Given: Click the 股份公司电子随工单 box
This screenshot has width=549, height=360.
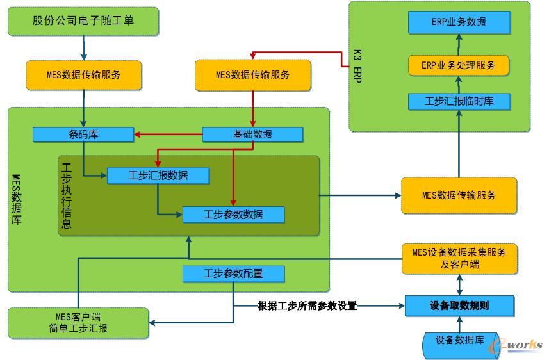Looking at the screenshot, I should pos(83,20).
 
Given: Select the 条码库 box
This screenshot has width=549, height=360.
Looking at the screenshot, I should pos(83,135).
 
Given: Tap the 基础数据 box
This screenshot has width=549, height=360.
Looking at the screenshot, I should pos(252,135).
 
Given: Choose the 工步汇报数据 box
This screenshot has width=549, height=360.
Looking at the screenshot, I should pos(157,176).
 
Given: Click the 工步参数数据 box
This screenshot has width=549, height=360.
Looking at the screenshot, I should pos(233,215).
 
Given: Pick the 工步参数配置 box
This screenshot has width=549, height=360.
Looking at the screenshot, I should pos(233,274).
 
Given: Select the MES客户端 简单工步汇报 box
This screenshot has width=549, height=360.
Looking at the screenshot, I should pos(78,323).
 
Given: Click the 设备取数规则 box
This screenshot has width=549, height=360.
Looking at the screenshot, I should pos(459,306).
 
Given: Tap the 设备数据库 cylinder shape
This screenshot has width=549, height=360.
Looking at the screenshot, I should pos(459,341).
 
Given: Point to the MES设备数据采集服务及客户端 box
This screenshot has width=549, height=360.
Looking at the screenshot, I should pos(459,258).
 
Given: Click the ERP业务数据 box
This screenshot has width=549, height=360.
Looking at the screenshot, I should pos(459,22).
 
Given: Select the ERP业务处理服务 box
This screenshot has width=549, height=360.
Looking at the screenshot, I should pos(459,65).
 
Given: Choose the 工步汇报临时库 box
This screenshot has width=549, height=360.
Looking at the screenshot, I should pos(459,101).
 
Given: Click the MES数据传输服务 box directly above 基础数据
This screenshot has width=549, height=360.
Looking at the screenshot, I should pos(252,74).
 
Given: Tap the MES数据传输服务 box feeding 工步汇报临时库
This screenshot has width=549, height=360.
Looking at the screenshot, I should pos(459,195).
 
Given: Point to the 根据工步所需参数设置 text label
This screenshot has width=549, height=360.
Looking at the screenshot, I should pos(307,306).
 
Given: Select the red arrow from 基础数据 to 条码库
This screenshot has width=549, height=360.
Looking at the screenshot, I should pos(168,135).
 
